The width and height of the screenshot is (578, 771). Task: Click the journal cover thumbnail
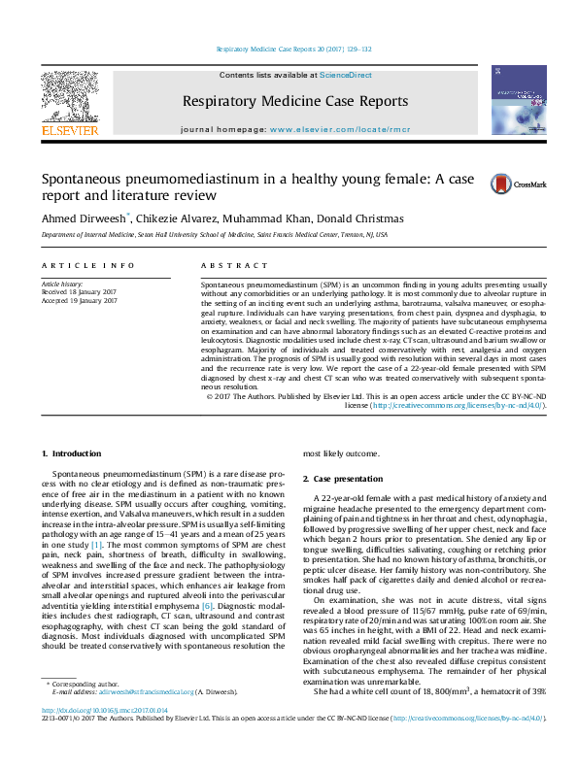pos(512,100)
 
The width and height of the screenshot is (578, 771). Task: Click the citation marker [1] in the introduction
pos(96,546)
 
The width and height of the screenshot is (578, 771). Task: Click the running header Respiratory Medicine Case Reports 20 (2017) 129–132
pos(289,49)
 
